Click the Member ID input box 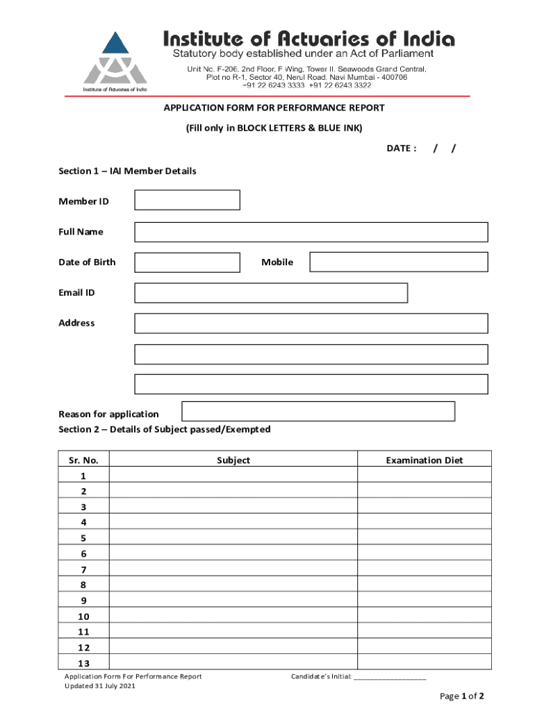pyautogui.click(x=187, y=200)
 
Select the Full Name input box pyautogui.click(x=311, y=232)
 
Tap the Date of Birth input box pyautogui.click(x=187, y=262)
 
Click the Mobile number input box pyautogui.click(x=399, y=262)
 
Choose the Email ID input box pyautogui.click(x=271, y=293)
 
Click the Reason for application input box pyautogui.click(x=318, y=411)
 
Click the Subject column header pyautogui.click(x=233, y=460)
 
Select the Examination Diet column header pyautogui.click(x=425, y=460)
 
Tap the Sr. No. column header pyautogui.click(x=84, y=460)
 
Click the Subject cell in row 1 pyautogui.click(x=233, y=476)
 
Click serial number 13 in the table pyautogui.click(x=83, y=663)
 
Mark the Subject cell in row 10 pyautogui.click(x=233, y=617)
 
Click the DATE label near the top pyautogui.click(x=401, y=148)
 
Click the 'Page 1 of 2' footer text pyautogui.click(x=461, y=696)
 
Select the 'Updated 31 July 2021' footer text pyautogui.click(x=100, y=686)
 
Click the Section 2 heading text pyautogui.click(x=165, y=429)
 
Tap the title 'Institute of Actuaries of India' pyautogui.click(x=308, y=39)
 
